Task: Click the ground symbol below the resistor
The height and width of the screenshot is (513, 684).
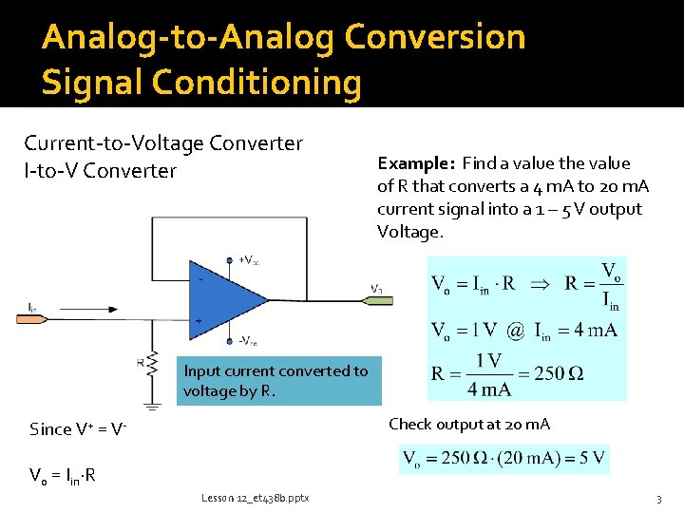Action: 152,383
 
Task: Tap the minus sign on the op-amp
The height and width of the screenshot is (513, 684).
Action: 199,279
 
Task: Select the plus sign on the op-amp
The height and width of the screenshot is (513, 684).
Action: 199,321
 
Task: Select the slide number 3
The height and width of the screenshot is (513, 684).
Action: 657,499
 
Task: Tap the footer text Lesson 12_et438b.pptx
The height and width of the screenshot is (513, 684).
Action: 255,498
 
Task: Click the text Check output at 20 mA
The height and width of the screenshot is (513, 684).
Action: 469,424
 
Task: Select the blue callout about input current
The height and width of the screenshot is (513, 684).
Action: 278,381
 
